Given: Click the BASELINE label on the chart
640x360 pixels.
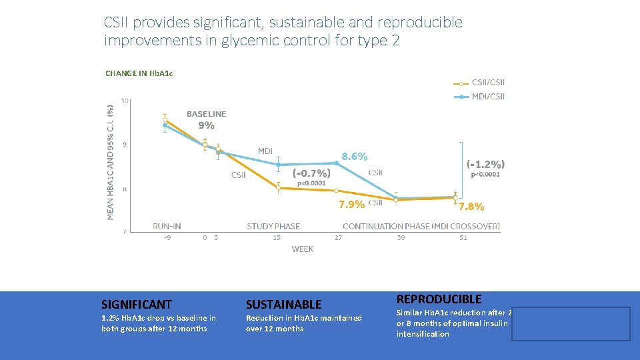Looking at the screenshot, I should click(206, 114).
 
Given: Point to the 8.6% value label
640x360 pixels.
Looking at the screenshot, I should click(354, 157).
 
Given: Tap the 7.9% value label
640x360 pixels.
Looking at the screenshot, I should click(352, 204).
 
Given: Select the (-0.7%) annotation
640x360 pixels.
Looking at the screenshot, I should click(311, 172).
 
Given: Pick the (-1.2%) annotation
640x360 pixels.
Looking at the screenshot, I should click(485, 163).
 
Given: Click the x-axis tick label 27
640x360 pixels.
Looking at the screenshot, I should click(339, 237).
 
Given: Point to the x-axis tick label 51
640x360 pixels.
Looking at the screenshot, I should click(463, 237).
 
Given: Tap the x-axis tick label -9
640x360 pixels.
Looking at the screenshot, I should click(167, 237).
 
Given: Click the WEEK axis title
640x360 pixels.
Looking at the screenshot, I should click(302, 249).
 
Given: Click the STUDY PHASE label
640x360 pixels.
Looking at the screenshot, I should click(273, 226).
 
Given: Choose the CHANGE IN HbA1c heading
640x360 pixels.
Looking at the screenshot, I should click(139, 73).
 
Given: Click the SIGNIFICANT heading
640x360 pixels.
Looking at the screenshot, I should click(136, 304).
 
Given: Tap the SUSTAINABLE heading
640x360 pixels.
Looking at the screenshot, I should click(283, 304).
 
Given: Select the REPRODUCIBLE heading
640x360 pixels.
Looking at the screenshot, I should click(439, 299).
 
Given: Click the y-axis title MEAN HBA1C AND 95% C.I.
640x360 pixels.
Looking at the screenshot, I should click(111, 160).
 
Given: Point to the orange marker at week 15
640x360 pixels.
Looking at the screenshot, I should click(278, 188).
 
